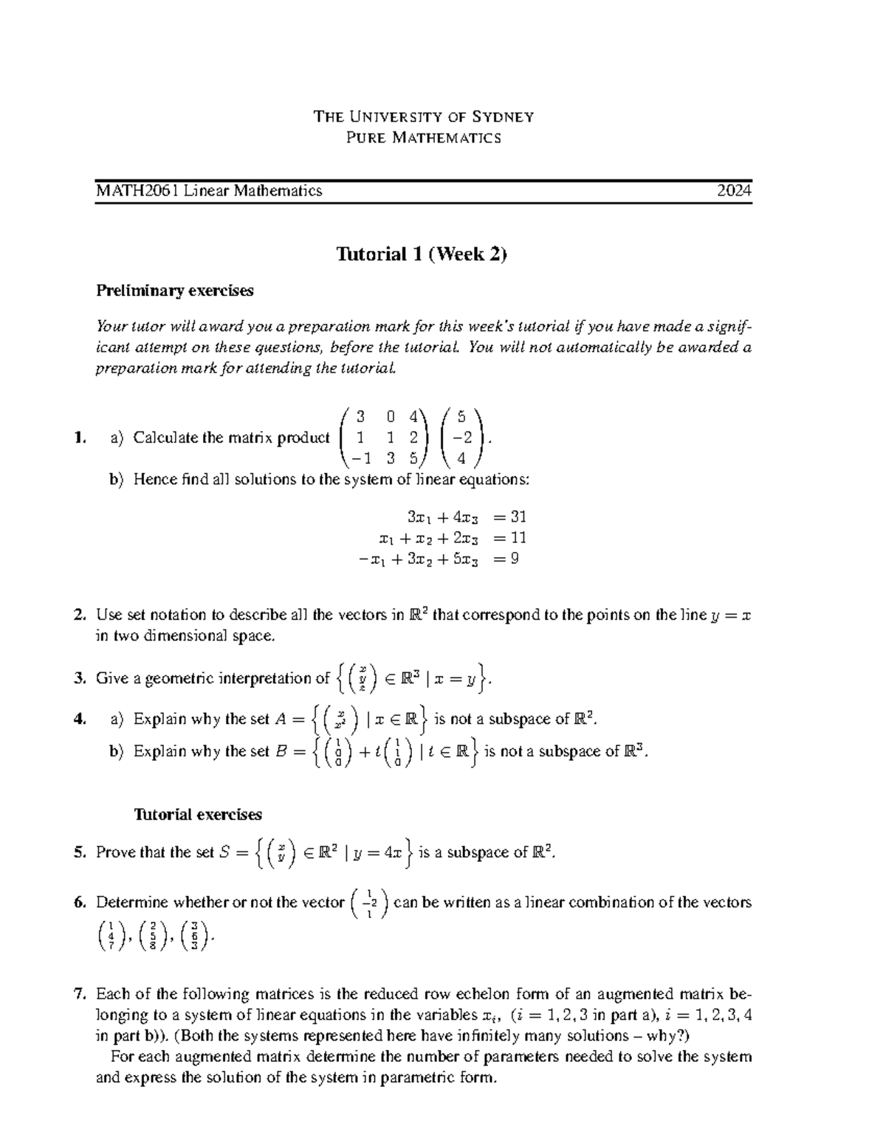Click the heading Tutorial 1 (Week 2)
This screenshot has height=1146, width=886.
pyautogui.click(x=422, y=255)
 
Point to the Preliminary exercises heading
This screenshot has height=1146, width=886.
pyautogui.click(x=175, y=291)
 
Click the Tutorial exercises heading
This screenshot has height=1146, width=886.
pyautogui.click(x=197, y=815)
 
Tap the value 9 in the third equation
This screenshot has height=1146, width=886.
pyautogui.click(x=515, y=559)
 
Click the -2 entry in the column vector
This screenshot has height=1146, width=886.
pyautogui.click(x=461, y=438)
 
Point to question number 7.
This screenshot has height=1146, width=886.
pyautogui.click(x=80, y=993)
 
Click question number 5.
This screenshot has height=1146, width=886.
pyautogui.click(x=80, y=853)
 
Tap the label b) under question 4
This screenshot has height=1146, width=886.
pyautogui.click(x=117, y=751)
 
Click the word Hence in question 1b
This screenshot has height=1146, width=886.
pyautogui.click(x=153, y=480)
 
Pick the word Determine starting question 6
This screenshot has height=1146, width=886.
pyautogui.click(x=128, y=902)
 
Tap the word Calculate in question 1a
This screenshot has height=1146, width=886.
pyautogui.click(x=165, y=438)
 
